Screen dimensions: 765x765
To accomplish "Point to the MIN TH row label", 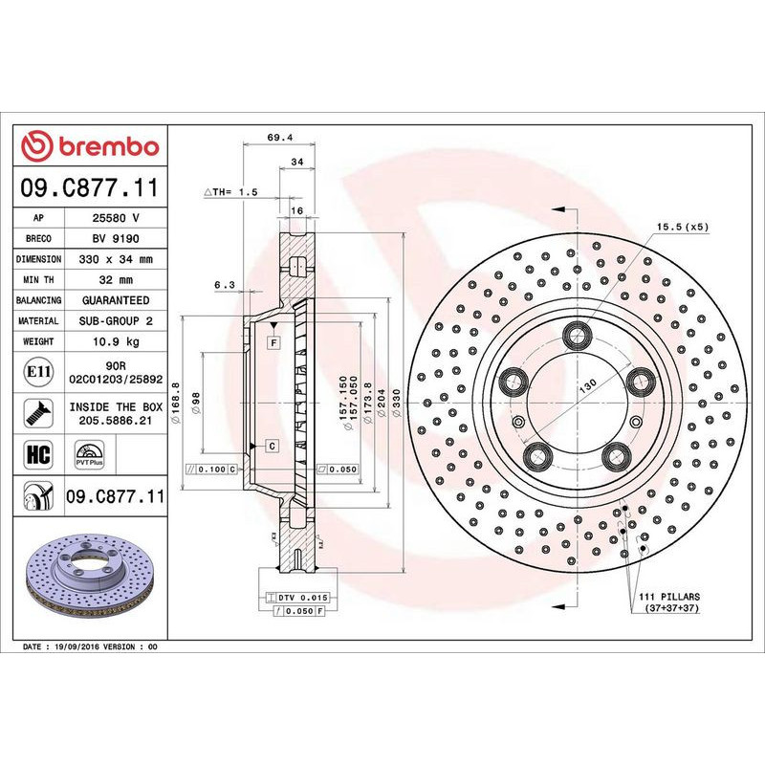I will tap(39, 280).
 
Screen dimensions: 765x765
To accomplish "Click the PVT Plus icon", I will tap(90, 452).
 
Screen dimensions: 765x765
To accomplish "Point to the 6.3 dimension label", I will tap(224, 284).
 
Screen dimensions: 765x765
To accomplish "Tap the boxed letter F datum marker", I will tap(273, 341).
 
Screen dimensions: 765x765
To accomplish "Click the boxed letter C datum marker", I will tap(273, 447).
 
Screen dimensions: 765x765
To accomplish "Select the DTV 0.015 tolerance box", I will tap(296, 597).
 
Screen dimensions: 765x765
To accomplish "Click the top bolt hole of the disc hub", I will tap(577, 334).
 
